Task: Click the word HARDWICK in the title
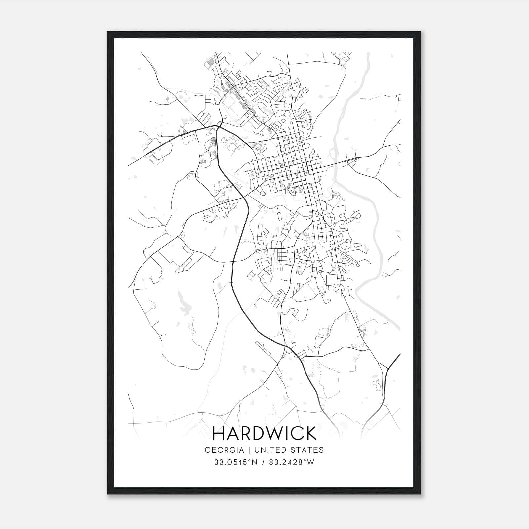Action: [264, 433]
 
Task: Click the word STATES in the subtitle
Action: [308, 450]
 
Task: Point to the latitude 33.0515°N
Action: [235, 462]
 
